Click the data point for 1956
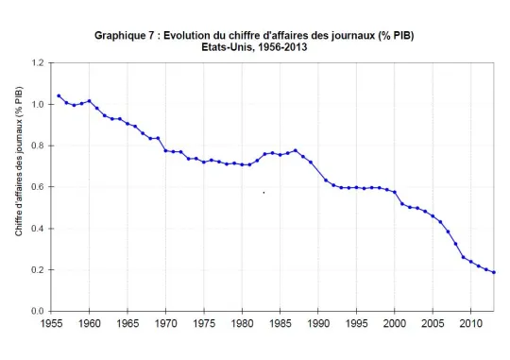(59, 96)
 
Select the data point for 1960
(89, 101)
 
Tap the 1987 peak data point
(296, 150)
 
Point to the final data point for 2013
(494, 272)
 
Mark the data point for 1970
(165, 150)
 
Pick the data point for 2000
(395, 193)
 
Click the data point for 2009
(463, 257)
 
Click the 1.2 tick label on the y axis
(38, 62)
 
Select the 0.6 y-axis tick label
(38, 187)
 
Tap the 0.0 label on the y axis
(38, 311)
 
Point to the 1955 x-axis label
(51, 323)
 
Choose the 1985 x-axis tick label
(280, 323)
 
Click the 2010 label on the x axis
(471, 323)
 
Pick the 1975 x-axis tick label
(204, 323)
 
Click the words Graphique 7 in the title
(125, 36)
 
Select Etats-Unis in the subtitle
(227, 47)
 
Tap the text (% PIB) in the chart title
(396, 36)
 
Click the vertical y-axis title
(19, 162)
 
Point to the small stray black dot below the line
(263, 193)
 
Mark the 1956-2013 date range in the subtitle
(282, 47)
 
